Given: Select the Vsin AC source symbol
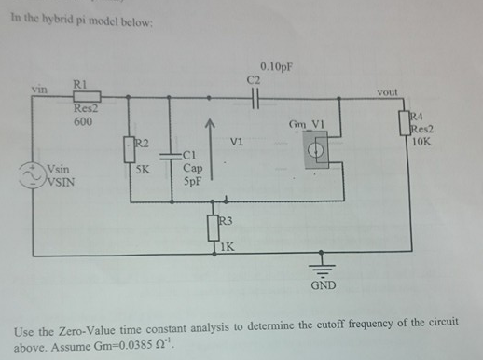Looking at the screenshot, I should (x=38, y=173).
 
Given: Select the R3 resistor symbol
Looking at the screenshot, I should (x=214, y=228).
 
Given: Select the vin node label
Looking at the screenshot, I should (x=38, y=90).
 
